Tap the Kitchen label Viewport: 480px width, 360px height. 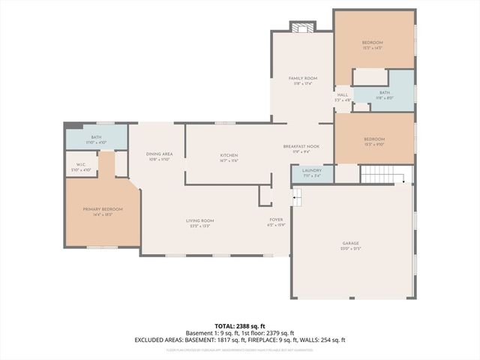[x=229, y=155]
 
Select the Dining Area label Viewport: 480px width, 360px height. [x=159, y=154]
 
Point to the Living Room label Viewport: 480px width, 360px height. [x=200, y=220]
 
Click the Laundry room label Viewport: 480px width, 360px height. [x=311, y=170]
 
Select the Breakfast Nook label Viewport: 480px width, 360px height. [x=301, y=146]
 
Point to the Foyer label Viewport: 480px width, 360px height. [x=276, y=220]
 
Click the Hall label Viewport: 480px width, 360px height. [x=342, y=94]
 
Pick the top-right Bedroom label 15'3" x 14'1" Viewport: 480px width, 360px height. [x=373, y=42]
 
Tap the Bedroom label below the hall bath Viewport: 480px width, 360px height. [x=374, y=139]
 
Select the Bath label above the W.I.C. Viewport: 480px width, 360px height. [x=96, y=137]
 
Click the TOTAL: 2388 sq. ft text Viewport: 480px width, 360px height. [x=239, y=325]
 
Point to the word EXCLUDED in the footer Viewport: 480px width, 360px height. [x=151, y=340]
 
